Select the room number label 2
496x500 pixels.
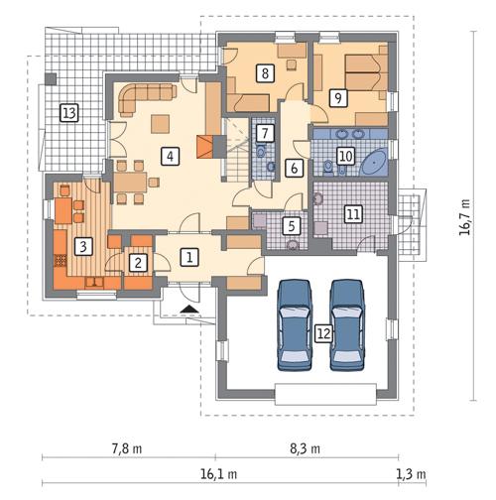pos(139,262)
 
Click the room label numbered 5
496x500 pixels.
pos(291,226)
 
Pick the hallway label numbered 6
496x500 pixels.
pos(295,168)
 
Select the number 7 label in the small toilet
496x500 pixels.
pos(263,132)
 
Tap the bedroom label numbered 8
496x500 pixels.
pos(265,71)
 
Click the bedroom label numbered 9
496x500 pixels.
pos(338,97)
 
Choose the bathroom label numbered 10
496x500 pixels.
pos(344,155)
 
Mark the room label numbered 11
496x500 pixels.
pos(352,211)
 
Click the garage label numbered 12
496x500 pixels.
pos(322,334)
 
